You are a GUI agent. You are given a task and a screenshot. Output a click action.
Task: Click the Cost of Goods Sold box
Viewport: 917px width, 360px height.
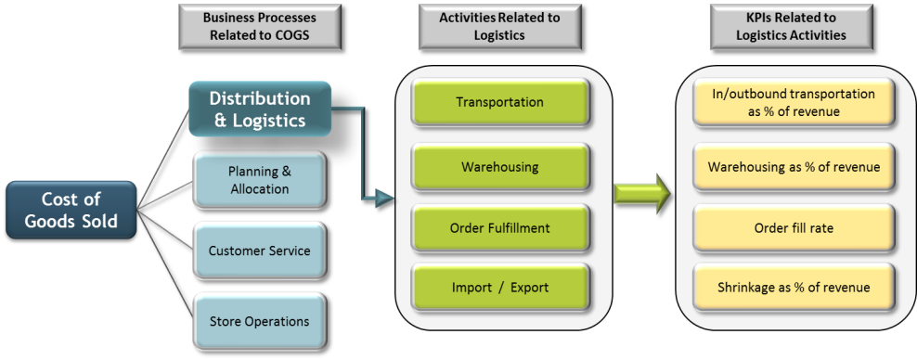point(71,212)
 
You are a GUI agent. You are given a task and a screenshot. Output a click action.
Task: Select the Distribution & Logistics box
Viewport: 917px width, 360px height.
point(259,109)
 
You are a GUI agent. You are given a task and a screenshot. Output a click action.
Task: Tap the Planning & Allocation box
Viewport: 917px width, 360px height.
point(259,180)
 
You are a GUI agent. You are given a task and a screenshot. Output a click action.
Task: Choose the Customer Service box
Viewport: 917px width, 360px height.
point(259,251)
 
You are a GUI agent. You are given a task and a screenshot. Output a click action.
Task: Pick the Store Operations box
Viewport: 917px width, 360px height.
point(259,321)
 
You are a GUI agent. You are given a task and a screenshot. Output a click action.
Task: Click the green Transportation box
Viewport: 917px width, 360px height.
point(499,102)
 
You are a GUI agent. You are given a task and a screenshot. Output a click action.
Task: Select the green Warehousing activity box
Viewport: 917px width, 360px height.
point(499,167)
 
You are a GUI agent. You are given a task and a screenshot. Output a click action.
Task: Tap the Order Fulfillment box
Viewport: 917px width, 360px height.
point(499,227)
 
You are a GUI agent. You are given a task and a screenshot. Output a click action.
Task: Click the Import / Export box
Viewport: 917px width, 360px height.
point(499,288)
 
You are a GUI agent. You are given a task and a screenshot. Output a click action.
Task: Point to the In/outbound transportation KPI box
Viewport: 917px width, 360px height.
point(793,102)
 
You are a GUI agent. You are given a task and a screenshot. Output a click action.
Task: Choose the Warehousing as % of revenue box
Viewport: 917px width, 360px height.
point(793,167)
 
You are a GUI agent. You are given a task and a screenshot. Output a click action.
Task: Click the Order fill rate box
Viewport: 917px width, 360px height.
point(793,227)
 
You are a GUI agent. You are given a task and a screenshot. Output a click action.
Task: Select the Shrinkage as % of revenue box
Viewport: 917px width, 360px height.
point(793,288)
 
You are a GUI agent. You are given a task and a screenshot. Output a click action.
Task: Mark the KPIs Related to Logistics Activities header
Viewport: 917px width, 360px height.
point(792,27)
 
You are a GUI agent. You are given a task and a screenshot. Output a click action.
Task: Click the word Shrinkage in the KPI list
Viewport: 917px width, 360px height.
point(744,288)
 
